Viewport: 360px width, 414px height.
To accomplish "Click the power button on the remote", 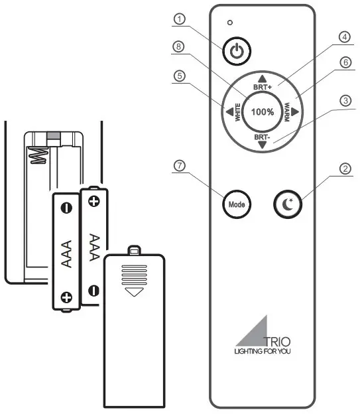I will (x=237, y=51).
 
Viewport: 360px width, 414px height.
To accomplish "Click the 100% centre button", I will (x=263, y=111).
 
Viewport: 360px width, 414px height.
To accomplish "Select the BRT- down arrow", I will (x=263, y=145).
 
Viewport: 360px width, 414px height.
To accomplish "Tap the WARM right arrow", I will (x=296, y=111).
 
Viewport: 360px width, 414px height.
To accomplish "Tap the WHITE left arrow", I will (x=229, y=111).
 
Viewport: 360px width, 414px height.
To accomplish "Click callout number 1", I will (x=179, y=19).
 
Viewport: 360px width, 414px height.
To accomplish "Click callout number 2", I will (x=345, y=168).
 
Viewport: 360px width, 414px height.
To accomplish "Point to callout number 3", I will (x=345, y=101).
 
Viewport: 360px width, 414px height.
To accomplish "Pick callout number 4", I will (x=345, y=36).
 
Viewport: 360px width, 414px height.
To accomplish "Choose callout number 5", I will (x=179, y=76).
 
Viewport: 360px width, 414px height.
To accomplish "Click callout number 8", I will (x=179, y=47).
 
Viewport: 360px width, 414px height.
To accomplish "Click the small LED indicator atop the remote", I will (x=230, y=23).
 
